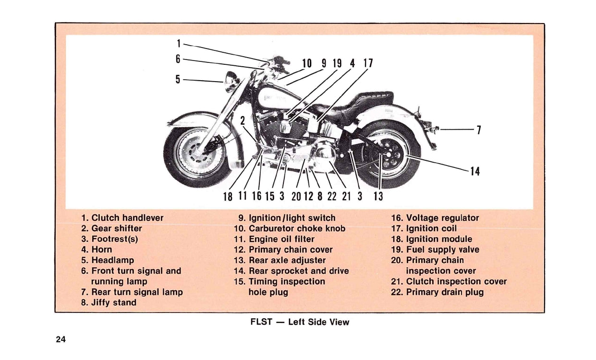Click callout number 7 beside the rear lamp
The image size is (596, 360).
point(478,130)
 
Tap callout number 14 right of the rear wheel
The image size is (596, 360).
point(474,171)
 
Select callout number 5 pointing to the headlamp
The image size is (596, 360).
point(178,79)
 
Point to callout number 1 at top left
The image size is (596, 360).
point(178,44)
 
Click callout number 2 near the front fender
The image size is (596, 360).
point(243,120)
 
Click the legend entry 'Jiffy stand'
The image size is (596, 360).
point(109,302)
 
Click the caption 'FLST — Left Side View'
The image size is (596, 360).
point(300,322)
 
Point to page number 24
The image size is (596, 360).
point(61,339)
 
